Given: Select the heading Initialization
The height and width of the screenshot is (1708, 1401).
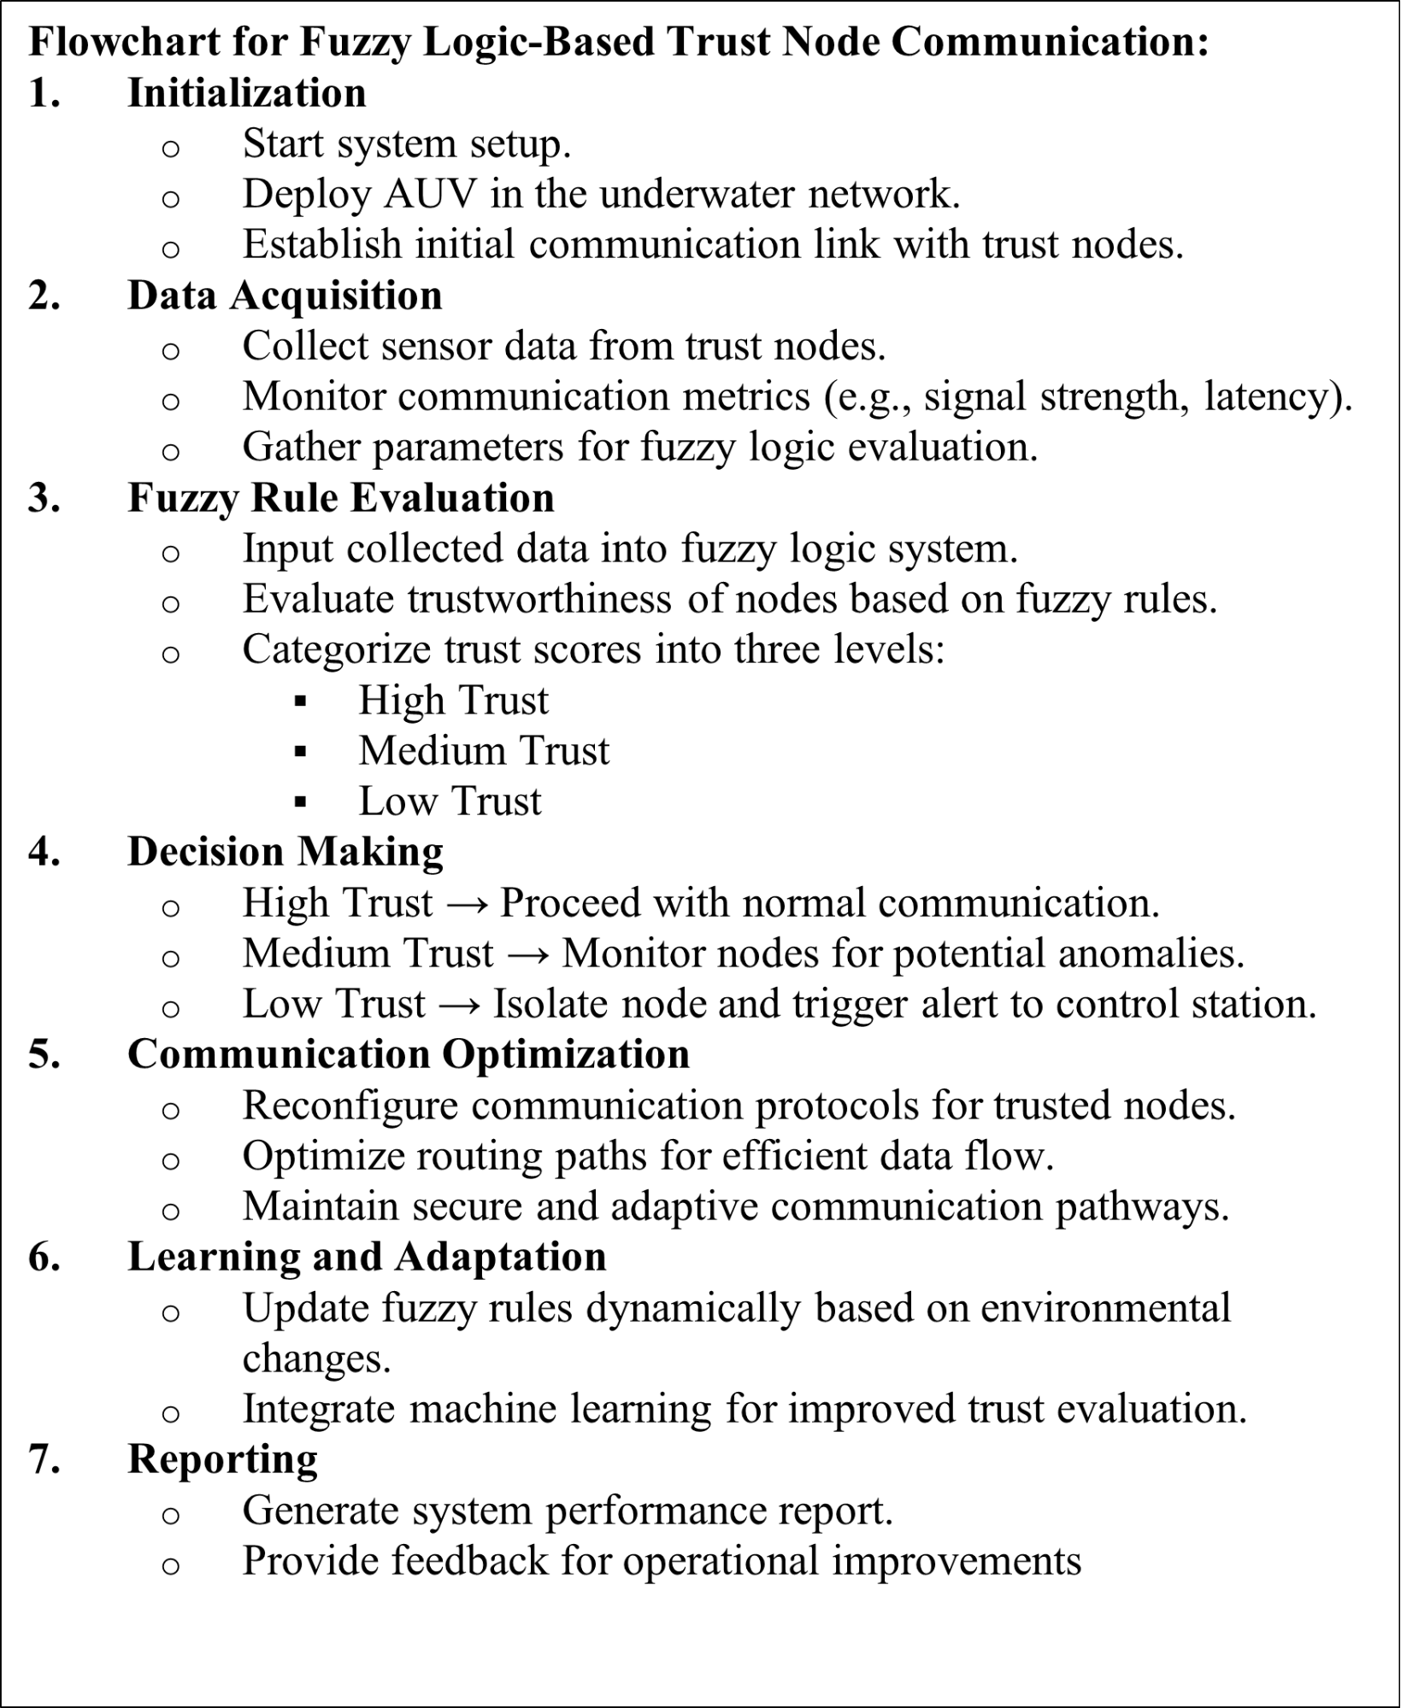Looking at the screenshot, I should tap(246, 92).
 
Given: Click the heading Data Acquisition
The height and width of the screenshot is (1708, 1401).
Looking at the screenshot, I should tap(285, 296).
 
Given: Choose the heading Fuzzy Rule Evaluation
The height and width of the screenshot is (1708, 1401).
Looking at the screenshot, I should tap(340, 498).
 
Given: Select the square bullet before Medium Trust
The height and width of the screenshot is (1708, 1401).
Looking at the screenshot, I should tap(299, 752).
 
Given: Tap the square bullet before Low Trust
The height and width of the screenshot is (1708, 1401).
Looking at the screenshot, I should tap(299, 802).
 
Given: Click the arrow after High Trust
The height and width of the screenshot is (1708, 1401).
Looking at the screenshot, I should tap(466, 904).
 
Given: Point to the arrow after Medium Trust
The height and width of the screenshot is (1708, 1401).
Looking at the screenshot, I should tap(527, 954).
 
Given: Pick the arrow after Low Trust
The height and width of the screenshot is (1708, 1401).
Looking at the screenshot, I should tap(459, 1005).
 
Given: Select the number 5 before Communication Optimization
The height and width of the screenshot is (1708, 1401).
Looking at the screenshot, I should tap(43, 1054).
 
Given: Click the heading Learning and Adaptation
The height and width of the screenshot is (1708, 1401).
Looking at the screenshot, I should tap(367, 1257).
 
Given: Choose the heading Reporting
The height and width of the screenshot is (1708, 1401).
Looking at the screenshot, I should tap(222, 1459).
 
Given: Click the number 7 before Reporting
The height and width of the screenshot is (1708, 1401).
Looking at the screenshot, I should tap(43, 1459).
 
